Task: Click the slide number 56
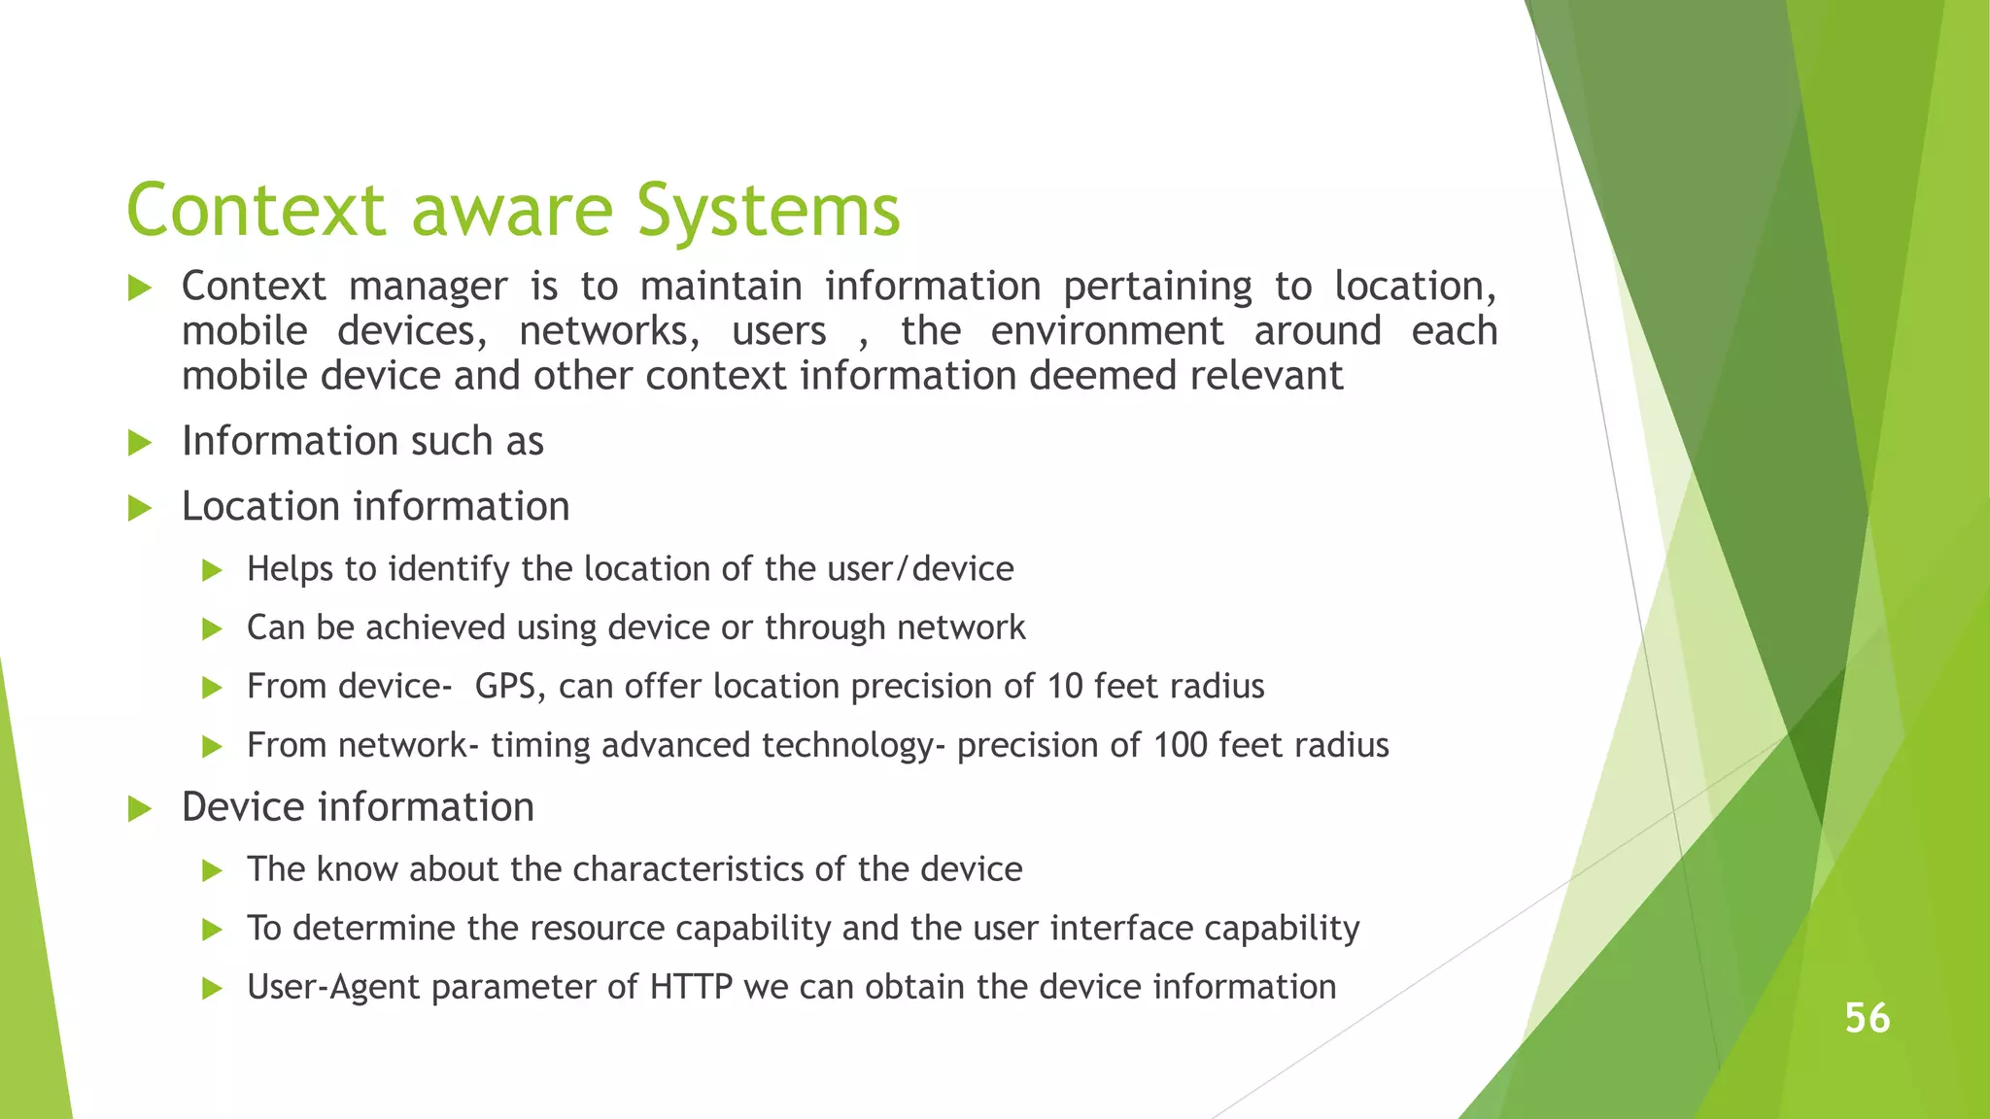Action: point(1867,1018)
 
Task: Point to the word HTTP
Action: point(691,987)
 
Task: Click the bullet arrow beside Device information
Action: point(140,808)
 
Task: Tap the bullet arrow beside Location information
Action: point(140,508)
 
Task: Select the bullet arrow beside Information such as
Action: point(140,443)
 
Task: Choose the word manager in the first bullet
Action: point(428,287)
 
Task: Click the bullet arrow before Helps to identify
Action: point(212,570)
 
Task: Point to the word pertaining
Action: point(1157,287)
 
